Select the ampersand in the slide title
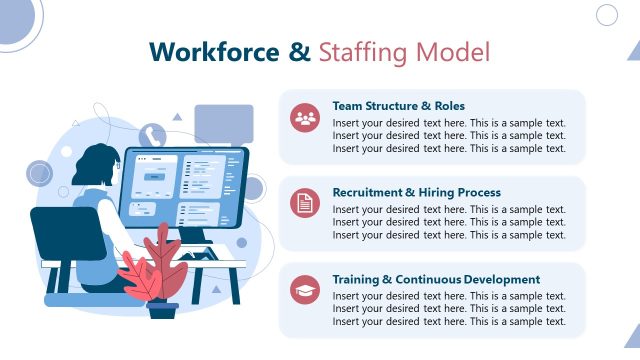(x=300, y=52)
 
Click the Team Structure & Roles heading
(x=398, y=106)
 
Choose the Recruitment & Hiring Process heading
(x=416, y=192)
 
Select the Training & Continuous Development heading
(x=436, y=279)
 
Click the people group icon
(x=305, y=118)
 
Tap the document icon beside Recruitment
(x=305, y=204)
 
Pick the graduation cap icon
(x=305, y=291)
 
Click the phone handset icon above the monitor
(x=152, y=136)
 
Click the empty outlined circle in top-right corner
(x=607, y=14)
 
